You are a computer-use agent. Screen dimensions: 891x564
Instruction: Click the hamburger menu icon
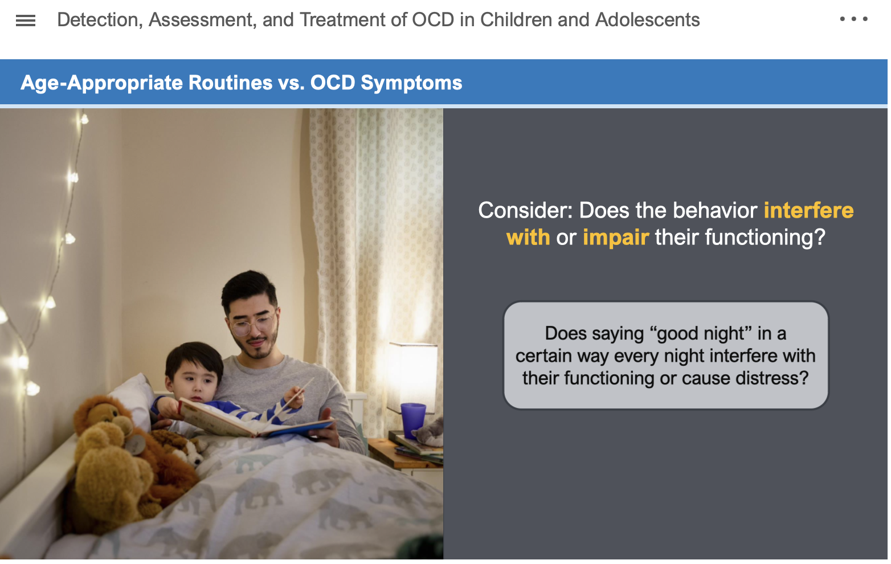coord(26,21)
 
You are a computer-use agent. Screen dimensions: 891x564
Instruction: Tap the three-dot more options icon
coord(853,19)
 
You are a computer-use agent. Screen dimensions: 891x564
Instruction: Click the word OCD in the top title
coord(433,20)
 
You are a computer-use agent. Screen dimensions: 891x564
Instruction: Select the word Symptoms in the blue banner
coord(411,83)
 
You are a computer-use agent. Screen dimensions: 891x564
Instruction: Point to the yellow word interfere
coord(808,210)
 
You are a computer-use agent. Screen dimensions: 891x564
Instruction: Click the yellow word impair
coord(616,238)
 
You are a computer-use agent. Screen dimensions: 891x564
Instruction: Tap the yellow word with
coord(528,237)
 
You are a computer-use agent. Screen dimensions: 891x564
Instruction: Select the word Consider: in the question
coord(525,210)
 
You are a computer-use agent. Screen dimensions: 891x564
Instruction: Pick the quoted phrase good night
coord(701,333)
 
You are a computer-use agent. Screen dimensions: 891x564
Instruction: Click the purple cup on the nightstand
coord(412,420)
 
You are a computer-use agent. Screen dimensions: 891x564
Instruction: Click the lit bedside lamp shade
coord(412,372)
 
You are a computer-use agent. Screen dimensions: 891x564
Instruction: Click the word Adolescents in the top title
coord(647,20)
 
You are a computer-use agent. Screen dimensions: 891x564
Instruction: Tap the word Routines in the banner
coord(230,83)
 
